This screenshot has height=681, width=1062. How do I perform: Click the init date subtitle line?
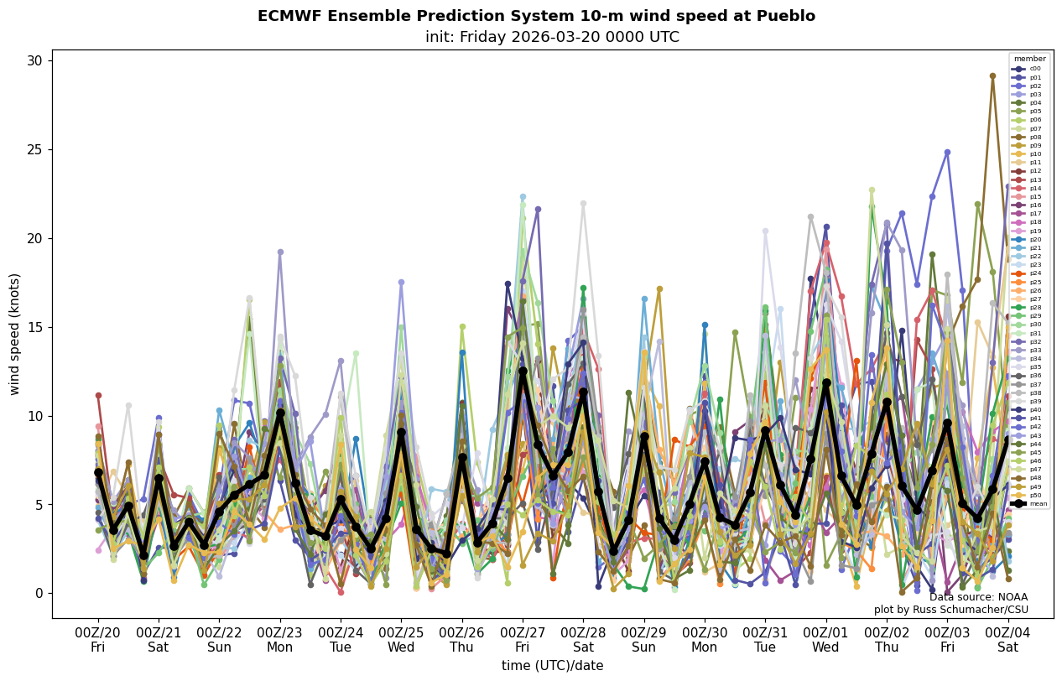(x=536, y=38)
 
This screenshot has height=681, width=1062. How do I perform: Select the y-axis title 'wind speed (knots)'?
(x=14, y=334)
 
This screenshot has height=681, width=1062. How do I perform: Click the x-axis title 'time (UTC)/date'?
(x=552, y=666)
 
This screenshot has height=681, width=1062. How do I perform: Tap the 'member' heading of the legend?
(x=1029, y=60)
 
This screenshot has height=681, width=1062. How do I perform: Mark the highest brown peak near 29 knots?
(x=992, y=76)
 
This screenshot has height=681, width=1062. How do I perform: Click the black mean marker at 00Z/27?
(x=523, y=371)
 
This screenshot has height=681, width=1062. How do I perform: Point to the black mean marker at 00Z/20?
(x=98, y=472)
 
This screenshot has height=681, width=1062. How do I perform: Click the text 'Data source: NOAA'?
(x=978, y=597)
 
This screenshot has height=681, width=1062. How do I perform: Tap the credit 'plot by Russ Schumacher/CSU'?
(x=950, y=610)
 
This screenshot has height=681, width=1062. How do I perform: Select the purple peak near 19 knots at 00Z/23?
(x=280, y=252)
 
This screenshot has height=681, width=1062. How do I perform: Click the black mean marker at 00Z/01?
(x=826, y=383)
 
